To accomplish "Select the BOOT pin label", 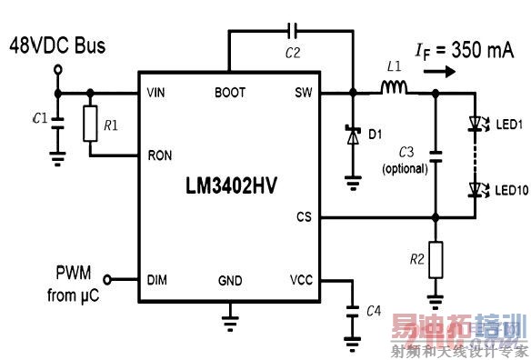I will (x=229, y=93).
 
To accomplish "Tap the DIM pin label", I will (x=155, y=280).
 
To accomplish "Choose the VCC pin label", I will (x=301, y=280).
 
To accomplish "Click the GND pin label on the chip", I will (x=229, y=280).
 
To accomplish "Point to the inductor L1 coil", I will (x=394, y=88).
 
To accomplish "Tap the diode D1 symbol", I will (x=351, y=135).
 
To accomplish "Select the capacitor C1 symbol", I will (x=58, y=122).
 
